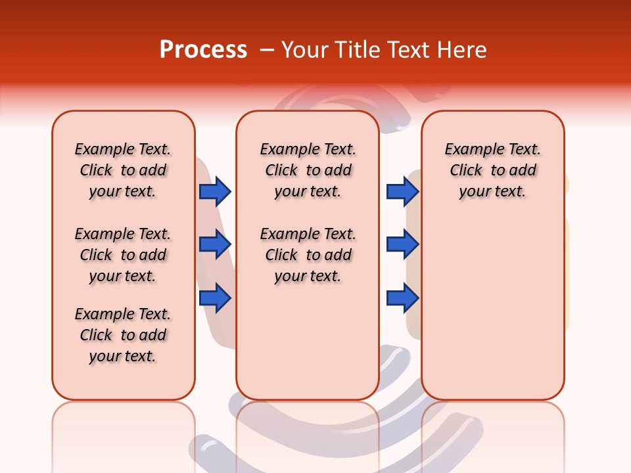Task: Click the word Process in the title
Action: coord(203,49)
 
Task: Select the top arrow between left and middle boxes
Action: coord(215,191)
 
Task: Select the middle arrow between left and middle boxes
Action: coord(215,244)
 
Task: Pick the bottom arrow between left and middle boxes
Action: coord(215,298)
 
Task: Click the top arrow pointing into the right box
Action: coord(402,191)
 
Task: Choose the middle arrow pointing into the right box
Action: coord(402,244)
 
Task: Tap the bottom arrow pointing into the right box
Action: coord(402,298)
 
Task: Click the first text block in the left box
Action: coord(123,170)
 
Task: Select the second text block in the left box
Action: coord(123,255)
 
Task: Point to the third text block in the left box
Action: coord(123,335)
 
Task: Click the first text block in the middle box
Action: coord(308,170)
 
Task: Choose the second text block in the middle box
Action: coord(308,255)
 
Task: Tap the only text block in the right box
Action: coord(492,170)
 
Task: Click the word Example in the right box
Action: coord(468,150)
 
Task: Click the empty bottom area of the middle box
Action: coord(308,348)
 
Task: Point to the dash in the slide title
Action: coord(267,49)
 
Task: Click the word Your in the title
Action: coord(304,49)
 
